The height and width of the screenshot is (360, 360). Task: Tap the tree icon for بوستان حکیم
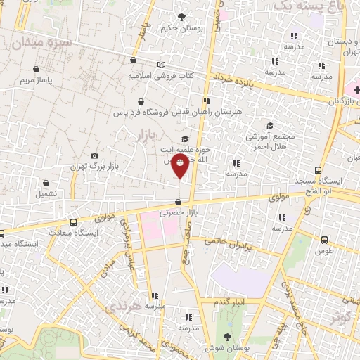tap(182, 16)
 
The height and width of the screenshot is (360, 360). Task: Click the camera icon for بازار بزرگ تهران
tap(95, 155)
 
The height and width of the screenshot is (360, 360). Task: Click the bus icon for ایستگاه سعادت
tap(1, 233)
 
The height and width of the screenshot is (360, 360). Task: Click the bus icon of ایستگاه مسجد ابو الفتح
tap(319, 170)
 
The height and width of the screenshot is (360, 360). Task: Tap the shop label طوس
tap(323, 250)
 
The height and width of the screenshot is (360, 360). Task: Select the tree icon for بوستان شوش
tap(226, 335)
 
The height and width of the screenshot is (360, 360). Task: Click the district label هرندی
tap(122, 307)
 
